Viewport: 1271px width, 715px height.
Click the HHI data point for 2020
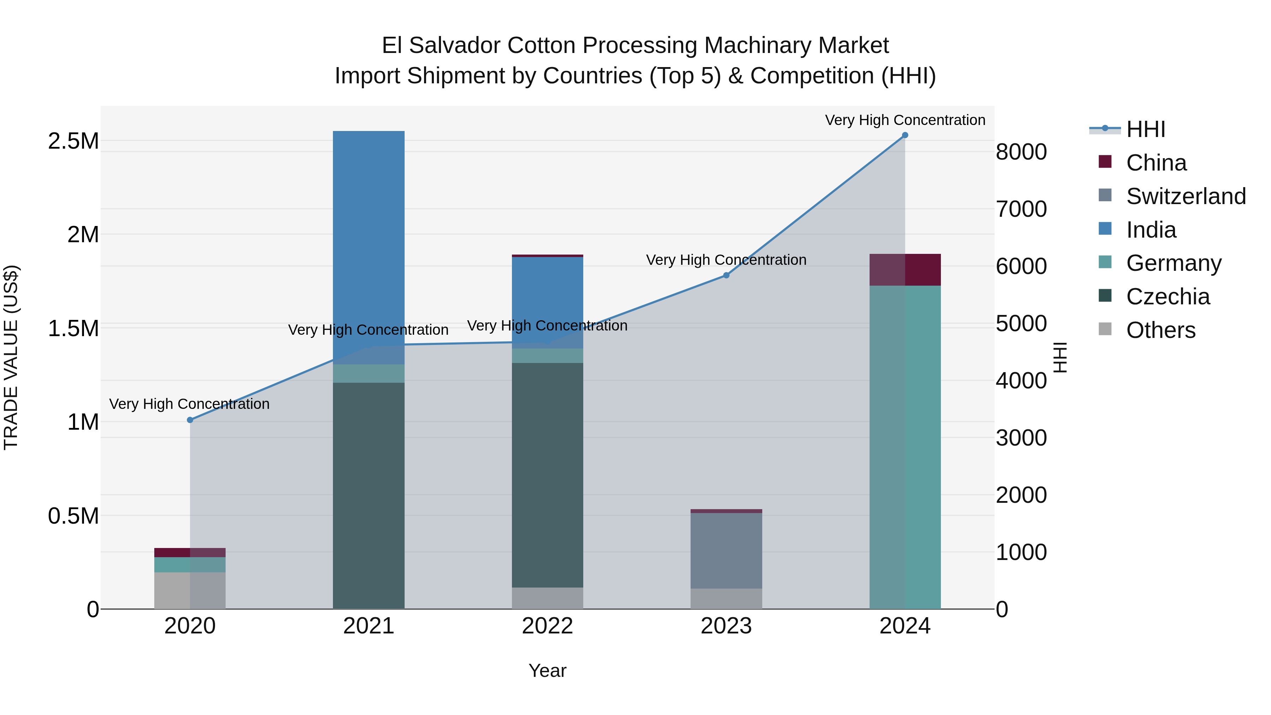coord(190,420)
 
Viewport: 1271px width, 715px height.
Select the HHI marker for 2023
coord(726,275)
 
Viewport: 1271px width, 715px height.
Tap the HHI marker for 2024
coord(905,135)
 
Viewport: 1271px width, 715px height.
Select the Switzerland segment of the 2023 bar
coord(726,550)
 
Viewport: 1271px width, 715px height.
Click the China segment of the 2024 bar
coord(905,269)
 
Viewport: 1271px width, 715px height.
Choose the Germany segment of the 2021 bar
coord(369,374)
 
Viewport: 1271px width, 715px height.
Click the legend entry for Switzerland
coord(1186,196)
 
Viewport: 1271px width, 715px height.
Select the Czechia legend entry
coord(1168,297)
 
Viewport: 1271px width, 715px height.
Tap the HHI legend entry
coord(1146,129)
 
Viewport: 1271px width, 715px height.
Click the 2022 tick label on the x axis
coord(547,626)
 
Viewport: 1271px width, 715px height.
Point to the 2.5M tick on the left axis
coord(73,141)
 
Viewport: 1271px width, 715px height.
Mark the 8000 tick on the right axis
coord(1021,152)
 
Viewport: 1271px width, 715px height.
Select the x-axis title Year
coord(547,671)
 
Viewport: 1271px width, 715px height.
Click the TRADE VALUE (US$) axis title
coord(11,357)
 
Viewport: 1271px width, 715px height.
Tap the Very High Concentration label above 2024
coord(905,120)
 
